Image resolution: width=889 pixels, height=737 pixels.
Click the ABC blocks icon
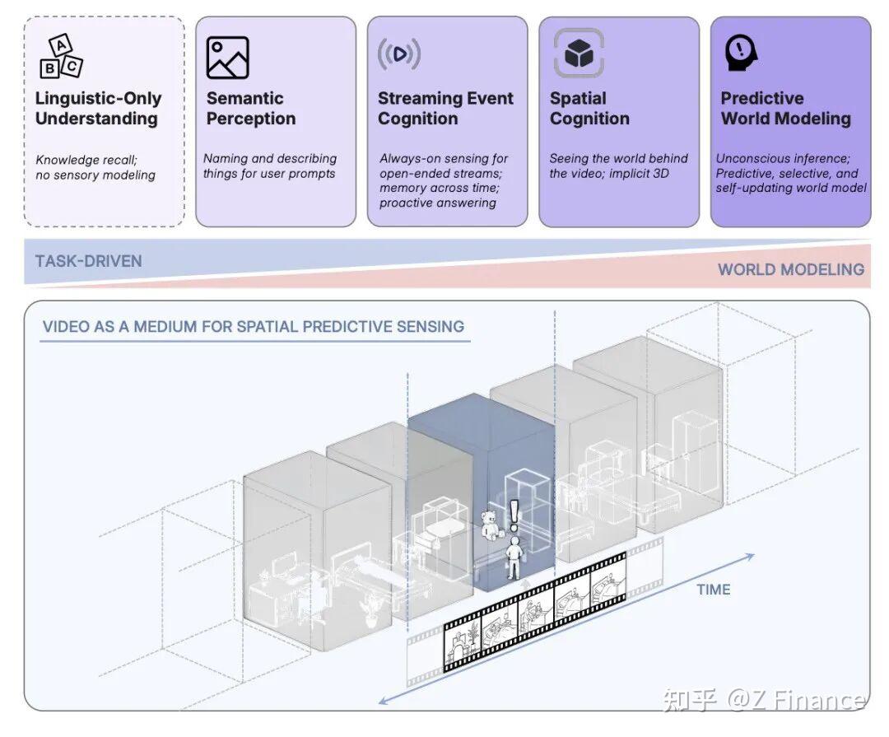(x=61, y=57)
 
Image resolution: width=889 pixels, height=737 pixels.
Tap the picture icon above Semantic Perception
(x=227, y=58)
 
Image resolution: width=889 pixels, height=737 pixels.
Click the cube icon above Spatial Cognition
(x=579, y=54)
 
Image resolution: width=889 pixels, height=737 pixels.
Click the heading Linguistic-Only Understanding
(x=98, y=109)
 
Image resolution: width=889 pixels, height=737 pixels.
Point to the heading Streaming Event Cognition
(x=445, y=109)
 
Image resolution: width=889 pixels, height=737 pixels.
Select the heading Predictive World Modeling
(x=785, y=109)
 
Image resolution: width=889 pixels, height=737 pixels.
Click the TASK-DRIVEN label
(x=88, y=261)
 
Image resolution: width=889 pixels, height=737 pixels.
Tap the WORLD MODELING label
(x=790, y=269)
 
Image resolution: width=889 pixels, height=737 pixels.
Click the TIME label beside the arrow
(x=713, y=590)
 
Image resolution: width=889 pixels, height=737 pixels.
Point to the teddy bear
(x=491, y=525)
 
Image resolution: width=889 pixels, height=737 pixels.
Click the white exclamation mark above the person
(x=515, y=516)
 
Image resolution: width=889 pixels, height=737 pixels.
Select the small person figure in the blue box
(x=514, y=557)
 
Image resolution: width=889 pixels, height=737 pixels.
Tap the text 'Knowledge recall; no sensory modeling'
(x=95, y=167)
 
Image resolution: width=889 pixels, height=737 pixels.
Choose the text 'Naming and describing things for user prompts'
(x=269, y=166)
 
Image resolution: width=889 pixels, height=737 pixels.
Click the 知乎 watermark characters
(x=690, y=700)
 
